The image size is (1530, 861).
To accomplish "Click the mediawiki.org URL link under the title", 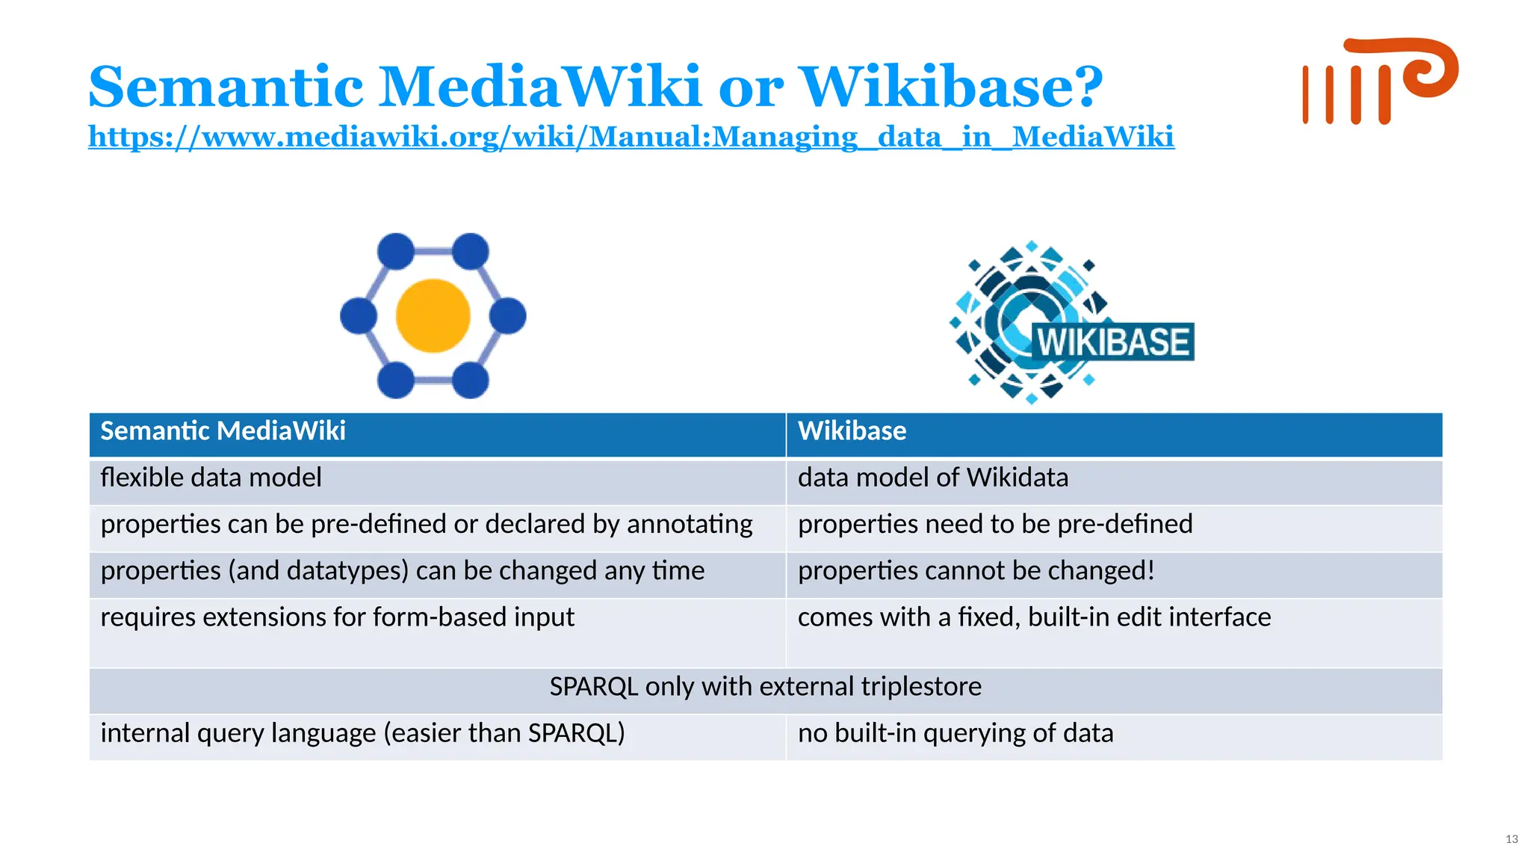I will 631,137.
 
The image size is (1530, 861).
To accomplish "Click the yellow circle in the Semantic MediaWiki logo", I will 433,315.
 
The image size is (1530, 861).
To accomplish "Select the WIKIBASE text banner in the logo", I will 1112,342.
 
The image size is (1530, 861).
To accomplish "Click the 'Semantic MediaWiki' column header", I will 223,431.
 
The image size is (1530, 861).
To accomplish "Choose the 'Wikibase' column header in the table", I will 852,431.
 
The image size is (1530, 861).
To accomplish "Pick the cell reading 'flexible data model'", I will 211,478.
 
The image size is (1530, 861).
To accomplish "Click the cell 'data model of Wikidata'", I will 932,478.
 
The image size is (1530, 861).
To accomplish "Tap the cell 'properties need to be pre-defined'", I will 994,524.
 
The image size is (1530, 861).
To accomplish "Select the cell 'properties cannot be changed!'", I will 976,570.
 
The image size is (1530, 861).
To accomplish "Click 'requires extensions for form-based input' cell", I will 337,617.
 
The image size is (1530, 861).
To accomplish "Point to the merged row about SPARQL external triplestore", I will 765,686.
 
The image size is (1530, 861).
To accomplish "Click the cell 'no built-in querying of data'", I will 955,733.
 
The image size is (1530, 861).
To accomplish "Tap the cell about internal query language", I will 362,733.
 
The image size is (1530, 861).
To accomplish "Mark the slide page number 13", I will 1511,839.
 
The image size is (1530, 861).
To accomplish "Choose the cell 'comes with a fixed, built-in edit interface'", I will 1034,617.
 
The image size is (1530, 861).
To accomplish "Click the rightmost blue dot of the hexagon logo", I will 509,315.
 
